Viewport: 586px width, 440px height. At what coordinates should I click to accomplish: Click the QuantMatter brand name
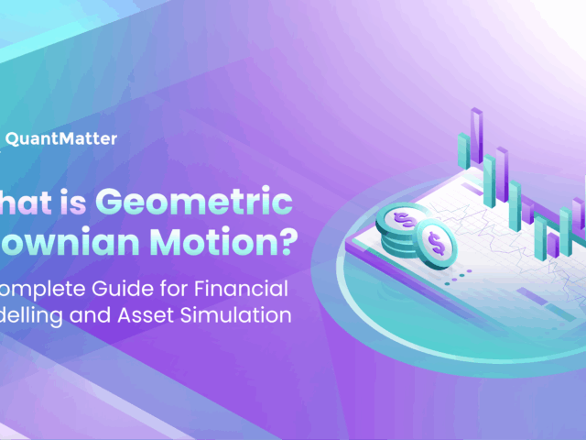pyautogui.click(x=61, y=139)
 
